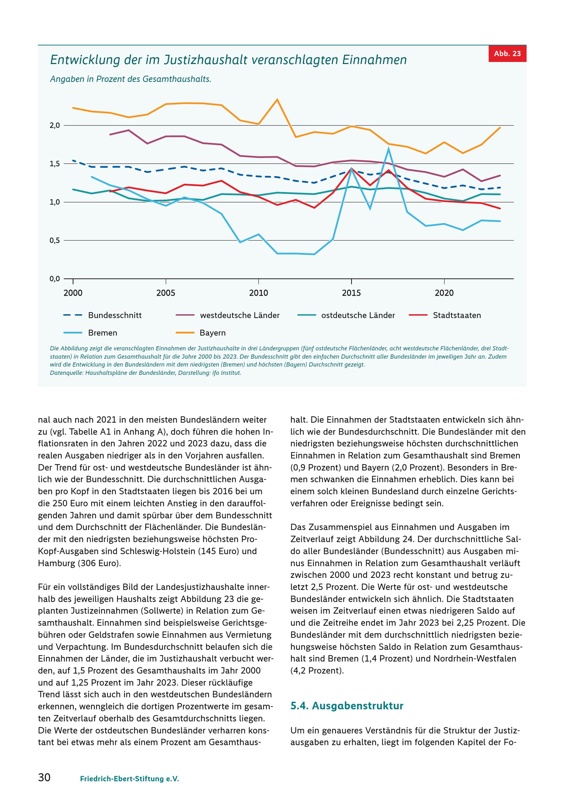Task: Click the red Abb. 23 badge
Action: [x=507, y=54]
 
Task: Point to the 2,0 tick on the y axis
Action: [x=55, y=125]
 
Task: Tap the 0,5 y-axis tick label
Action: [x=55, y=241]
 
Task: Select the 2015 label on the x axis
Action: [x=351, y=293]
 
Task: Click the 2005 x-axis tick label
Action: [x=166, y=293]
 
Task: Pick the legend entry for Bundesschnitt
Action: [x=103, y=315]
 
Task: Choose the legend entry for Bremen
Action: [x=90, y=333]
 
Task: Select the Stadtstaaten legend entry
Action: [x=445, y=315]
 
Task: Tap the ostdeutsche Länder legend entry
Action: [x=346, y=315]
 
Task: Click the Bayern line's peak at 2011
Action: [x=277, y=99]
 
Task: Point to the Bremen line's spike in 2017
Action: [x=388, y=148]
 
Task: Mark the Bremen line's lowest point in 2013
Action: [x=314, y=254]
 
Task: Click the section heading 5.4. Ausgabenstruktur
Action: [x=347, y=705]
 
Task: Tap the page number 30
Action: [x=44, y=777]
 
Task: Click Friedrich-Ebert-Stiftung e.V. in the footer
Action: [x=129, y=779]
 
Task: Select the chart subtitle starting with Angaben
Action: [x=131, y=79]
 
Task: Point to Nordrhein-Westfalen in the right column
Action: [x=475, y=659]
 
